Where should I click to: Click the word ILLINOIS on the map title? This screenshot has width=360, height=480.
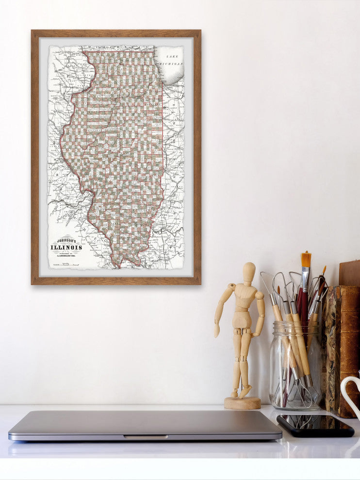66,247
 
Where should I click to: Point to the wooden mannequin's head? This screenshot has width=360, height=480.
249,273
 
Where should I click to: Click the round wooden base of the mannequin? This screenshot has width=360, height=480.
242,402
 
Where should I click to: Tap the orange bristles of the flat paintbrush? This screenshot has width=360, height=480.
306,259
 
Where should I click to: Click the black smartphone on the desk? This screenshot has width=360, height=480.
315,425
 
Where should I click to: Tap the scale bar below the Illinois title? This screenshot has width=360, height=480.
66,264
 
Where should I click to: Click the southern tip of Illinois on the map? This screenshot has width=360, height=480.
115,266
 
